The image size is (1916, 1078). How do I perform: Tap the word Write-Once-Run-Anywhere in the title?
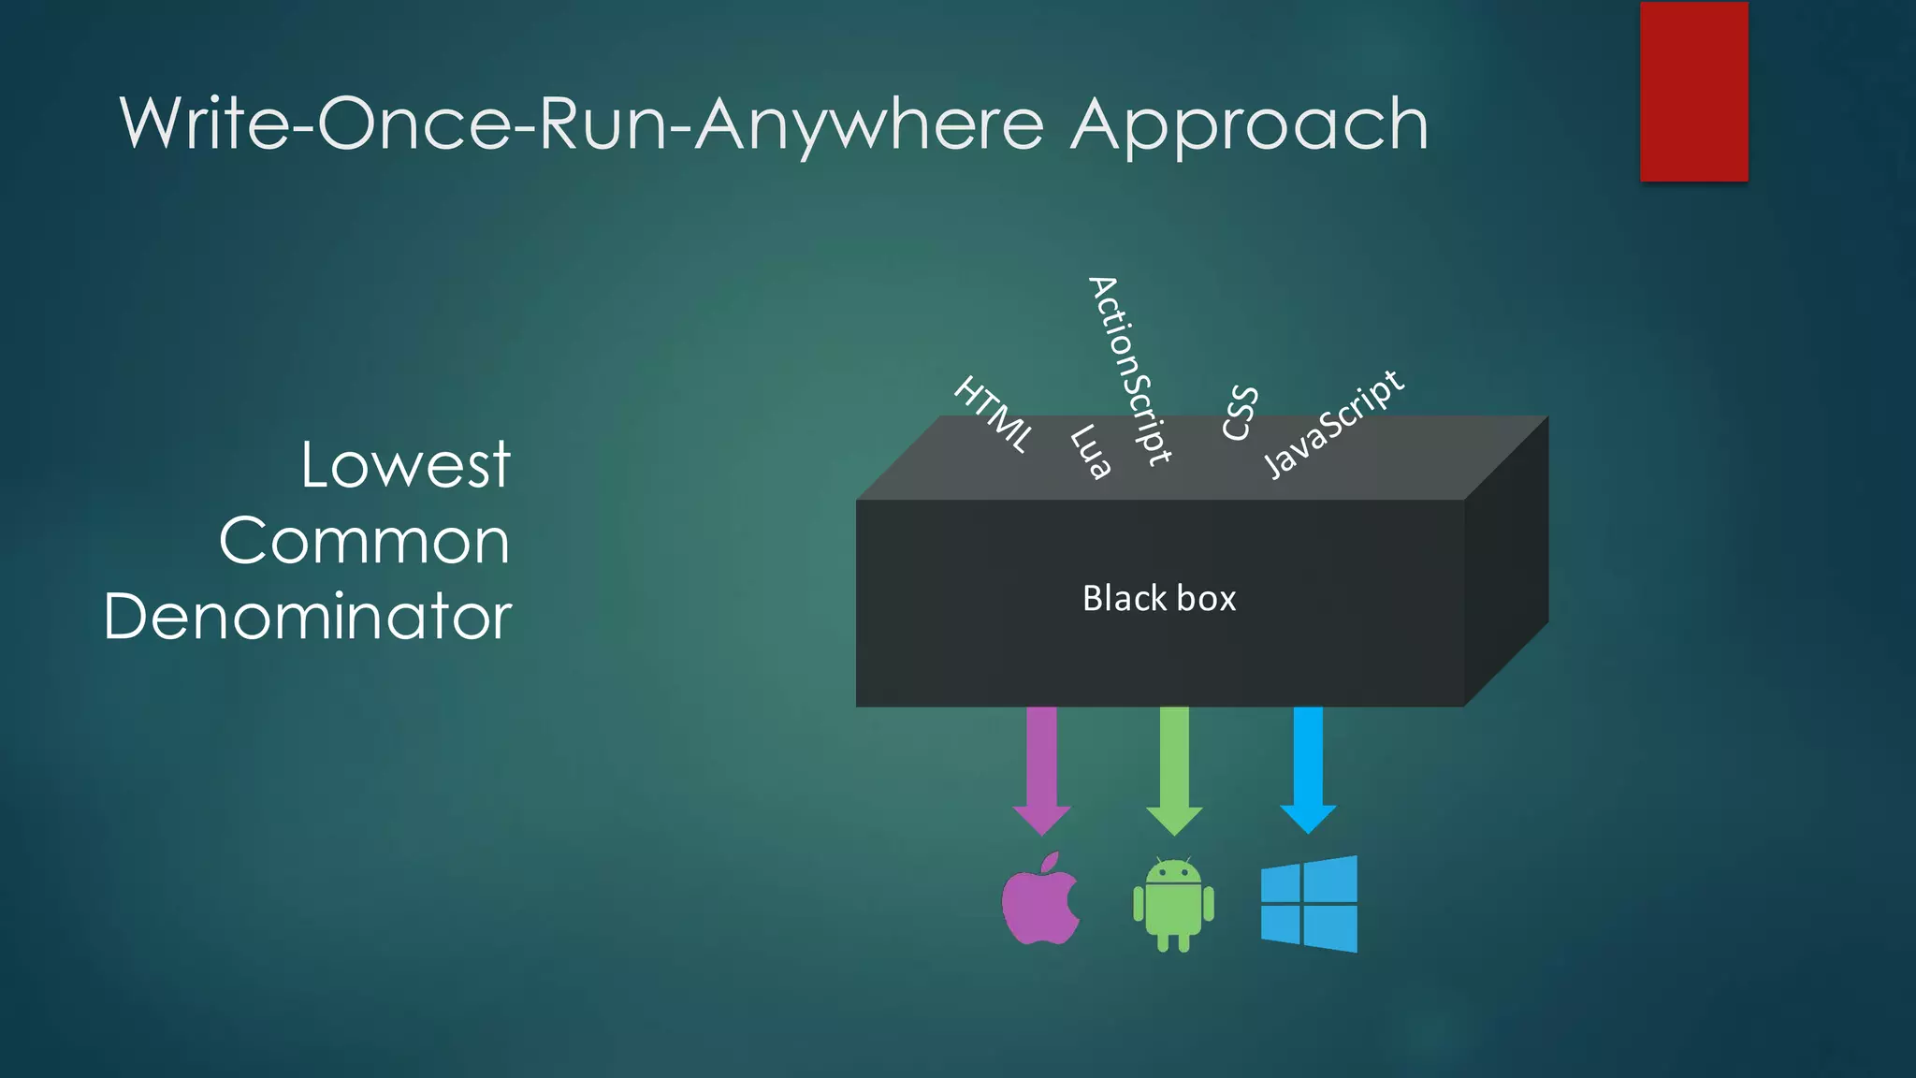click(581, 124)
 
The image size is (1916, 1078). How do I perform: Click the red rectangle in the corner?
click(1693, 92)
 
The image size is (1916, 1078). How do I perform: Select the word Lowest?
click(405, 465)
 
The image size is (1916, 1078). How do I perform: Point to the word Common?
click(364, 541)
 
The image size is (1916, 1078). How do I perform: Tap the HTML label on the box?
click(994, 415)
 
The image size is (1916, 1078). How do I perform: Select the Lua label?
click(1091, 451)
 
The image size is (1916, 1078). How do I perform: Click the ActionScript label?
click(1129, 371)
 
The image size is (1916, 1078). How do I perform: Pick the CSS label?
click(1241, 413)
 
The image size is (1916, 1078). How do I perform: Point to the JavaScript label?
click(1333, 424)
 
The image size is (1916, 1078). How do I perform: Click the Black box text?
click(1159, 599)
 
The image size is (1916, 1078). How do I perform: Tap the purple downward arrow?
click(1041, 768)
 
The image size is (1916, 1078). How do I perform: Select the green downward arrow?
click(1174, 768)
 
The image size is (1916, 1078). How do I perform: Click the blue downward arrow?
click(1308, 768)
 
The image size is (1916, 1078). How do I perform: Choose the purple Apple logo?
click(1038, 904)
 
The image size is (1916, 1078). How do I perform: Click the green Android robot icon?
click(1173, 905)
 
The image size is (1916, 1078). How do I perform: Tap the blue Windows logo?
click(1309, 904)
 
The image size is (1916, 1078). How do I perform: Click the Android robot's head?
click(1173, 873)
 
